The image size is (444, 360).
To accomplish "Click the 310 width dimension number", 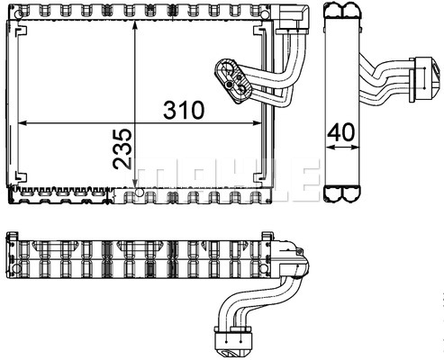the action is coord(184,110).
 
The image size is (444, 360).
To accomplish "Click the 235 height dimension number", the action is coord(122,149).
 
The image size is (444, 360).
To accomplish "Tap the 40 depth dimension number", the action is coord(340,132).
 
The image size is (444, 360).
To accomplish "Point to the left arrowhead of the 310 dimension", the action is coord(23,123).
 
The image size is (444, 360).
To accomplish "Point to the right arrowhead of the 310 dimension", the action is coord(258,123).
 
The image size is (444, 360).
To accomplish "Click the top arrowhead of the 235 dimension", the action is coord(135,25).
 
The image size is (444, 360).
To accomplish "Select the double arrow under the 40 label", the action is coord(342,147).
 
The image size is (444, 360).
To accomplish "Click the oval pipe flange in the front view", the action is coord(233,81).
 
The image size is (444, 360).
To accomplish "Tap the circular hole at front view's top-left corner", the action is coord(18,13).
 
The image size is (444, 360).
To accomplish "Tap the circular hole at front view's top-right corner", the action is coord(265,14).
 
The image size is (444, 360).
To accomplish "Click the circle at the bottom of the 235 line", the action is coord(139,193).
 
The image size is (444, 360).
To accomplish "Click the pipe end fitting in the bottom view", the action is coord(233,343).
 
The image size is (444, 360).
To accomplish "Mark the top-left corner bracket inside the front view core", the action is coord(21,31).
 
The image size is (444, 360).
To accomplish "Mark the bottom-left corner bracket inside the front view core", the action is coord(21,177).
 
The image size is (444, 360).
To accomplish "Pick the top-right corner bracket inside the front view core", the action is coord(259,31).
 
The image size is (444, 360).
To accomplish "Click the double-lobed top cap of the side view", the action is coord(342,11).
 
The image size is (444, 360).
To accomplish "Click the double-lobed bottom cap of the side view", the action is coord(342,193).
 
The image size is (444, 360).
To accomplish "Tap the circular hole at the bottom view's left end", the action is coord(17,268).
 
